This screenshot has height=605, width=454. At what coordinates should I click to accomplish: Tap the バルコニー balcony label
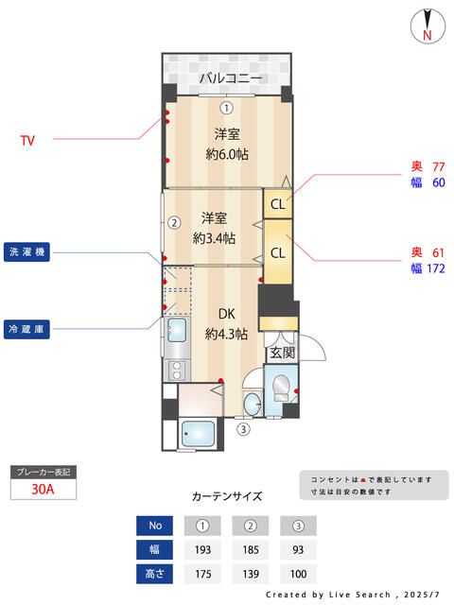click(x=230, y=78)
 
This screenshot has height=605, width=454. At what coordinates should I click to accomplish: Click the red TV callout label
click(x=27, y=141)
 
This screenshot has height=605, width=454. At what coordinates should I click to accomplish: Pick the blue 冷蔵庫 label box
click(x=26, y=329)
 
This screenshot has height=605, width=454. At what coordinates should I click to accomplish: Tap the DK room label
click(x=227, y=314)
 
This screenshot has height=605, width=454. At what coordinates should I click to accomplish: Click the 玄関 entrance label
click(x=281, y=353)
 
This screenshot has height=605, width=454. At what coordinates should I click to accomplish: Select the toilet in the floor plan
click(x=281, y=389)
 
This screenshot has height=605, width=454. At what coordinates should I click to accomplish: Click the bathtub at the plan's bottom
click(x=200, y=436)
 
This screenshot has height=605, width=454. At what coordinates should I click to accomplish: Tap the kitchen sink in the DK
click(x=176, y=333)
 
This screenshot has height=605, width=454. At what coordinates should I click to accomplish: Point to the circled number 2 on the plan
click(x=174, y=224)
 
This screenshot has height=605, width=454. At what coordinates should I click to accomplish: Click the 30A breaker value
click(x=43, y=489)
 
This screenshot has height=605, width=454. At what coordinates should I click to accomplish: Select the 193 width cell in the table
click(x=202, y=550)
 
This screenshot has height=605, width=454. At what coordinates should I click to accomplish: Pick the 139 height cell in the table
click(x=251, y=574)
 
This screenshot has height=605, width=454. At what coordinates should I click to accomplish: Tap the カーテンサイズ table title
click(x=227, y=495)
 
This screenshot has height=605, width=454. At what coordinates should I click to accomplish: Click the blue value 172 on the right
click(x=435, y=268)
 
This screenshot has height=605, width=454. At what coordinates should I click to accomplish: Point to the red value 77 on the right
click(x=438, y=166)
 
